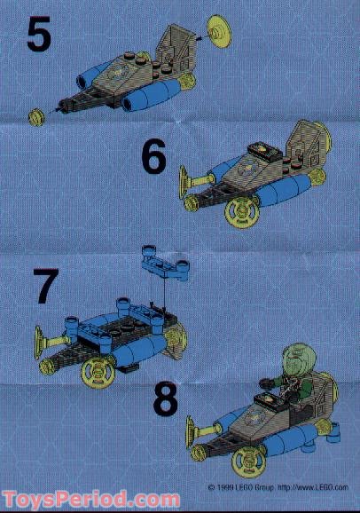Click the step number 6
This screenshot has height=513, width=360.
(154, 159)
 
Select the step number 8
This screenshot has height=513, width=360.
(165, 399)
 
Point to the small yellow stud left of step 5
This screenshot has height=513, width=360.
(37, 114)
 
